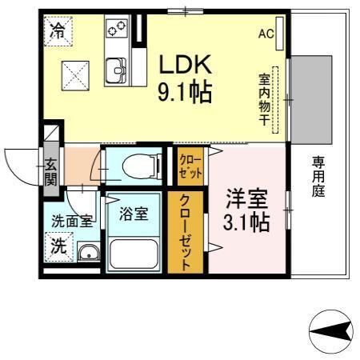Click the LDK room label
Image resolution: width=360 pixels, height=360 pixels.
pyautogui.click(x=189, y=64)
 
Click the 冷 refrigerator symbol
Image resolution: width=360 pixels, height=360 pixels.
pyautogui.click(x=58, y=32)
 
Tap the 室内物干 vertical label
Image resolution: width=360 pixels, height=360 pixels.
pyautogui.click(x=263, y=99)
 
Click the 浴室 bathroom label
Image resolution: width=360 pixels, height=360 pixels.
pyautogui.click(x=133, y=214)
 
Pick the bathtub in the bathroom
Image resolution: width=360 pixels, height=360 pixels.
pyautogui.click(x=135, y=254)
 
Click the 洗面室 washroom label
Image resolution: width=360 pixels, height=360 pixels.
pyautogui.click(x=72, y=222)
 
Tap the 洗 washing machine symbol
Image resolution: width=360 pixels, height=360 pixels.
pyautogui.click(x=59, y=247)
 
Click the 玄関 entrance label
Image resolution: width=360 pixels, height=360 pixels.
pyautogui.click(x=50, y=172)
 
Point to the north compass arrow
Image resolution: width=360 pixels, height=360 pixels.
pyautogui.click(x=328, y=330)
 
